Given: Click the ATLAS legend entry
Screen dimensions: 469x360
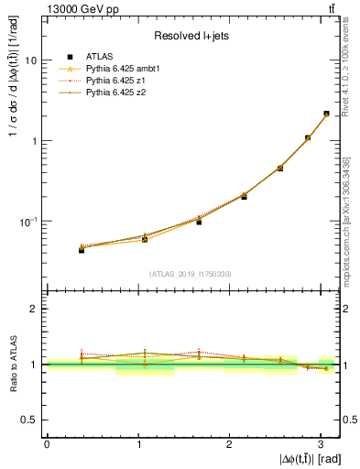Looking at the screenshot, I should click(x=99, y=56).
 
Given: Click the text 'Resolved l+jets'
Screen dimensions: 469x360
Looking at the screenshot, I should click(x=184, y=36).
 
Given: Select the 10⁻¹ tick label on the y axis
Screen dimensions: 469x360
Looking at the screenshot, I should click(x=31, y=222).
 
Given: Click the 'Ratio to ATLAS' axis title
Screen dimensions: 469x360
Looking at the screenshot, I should click(x=12, y=364).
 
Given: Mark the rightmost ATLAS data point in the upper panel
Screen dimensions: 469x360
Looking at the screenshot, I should click(x=326, y=115).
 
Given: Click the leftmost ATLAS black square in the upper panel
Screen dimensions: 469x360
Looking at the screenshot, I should click(x=82, y=249).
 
